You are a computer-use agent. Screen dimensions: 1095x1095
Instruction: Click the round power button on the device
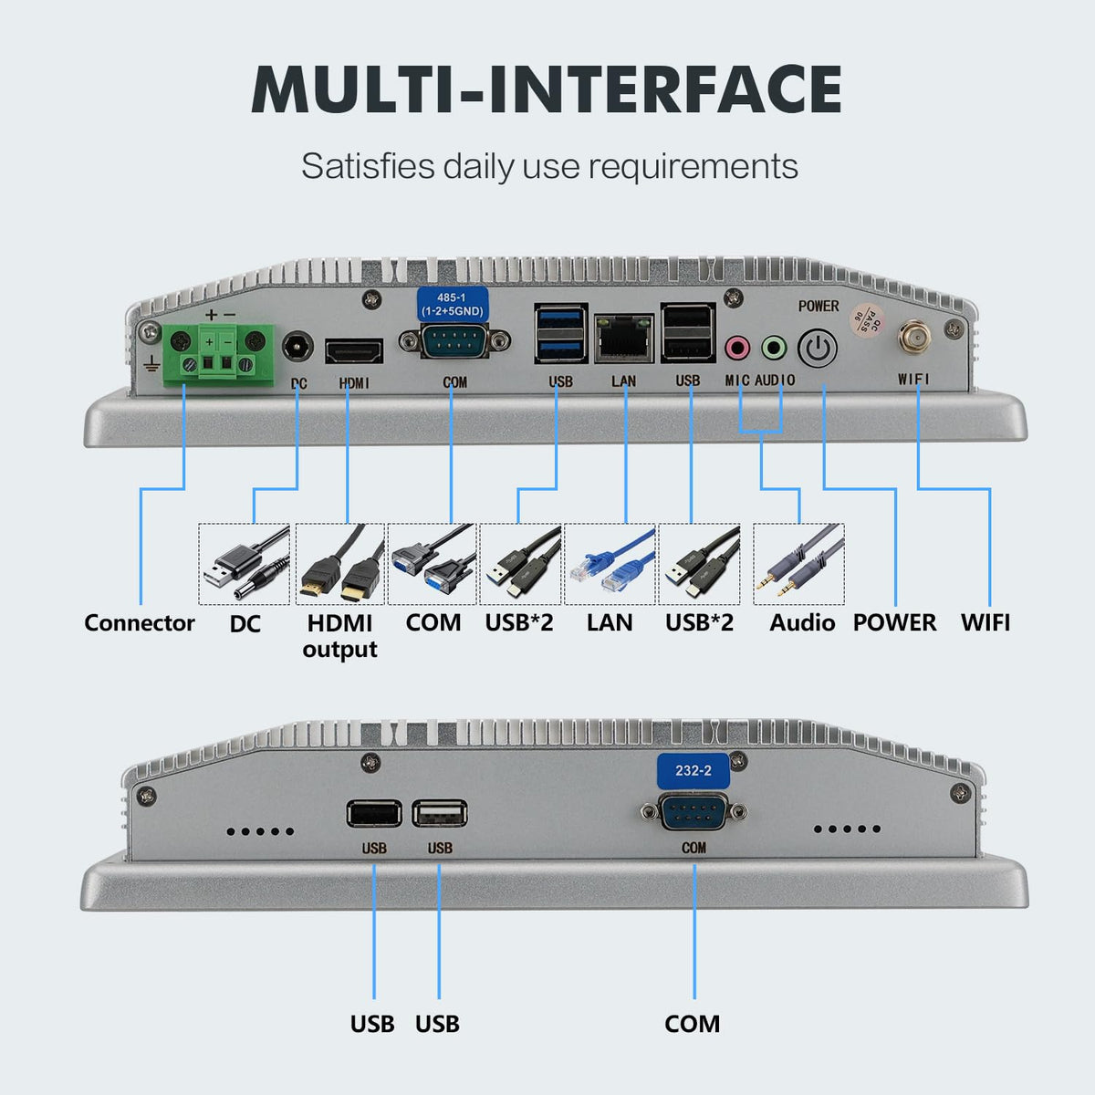(x=817, y=349)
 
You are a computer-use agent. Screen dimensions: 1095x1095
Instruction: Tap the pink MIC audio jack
(x=737, y=347)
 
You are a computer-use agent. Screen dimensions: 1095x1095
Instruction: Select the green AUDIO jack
(x=774, y=347)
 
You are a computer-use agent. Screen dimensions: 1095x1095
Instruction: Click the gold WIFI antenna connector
(x=913, y=339)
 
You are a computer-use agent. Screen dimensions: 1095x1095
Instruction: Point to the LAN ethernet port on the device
(x=624, y=339)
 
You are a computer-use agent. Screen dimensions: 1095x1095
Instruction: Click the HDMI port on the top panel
(x=354, y=351)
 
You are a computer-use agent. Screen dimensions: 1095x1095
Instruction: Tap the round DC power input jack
(x=297, y=347)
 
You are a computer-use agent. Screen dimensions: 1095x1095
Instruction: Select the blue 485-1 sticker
(x=453, y=304)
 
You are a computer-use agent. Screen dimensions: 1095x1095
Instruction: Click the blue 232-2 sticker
(x=693, y=770)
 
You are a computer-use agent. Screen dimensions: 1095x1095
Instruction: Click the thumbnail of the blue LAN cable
(x=610, y=564)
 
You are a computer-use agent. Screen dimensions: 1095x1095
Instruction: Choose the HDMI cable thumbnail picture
(x=339, y=564)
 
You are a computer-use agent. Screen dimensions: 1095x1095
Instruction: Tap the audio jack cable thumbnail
(x=798, y=564)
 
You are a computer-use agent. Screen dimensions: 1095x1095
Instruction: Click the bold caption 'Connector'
(x=140, y=623)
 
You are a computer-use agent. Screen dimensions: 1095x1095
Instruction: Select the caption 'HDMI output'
(x=339, y=636)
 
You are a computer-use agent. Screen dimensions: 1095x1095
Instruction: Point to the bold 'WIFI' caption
(x=985, y=623)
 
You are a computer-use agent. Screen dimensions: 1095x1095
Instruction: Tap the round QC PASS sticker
(x=867, y=319)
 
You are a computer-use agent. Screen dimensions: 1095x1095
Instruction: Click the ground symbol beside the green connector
(x=151, y=364)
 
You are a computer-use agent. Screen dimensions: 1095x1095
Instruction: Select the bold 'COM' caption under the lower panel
(x=692, y=1025)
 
